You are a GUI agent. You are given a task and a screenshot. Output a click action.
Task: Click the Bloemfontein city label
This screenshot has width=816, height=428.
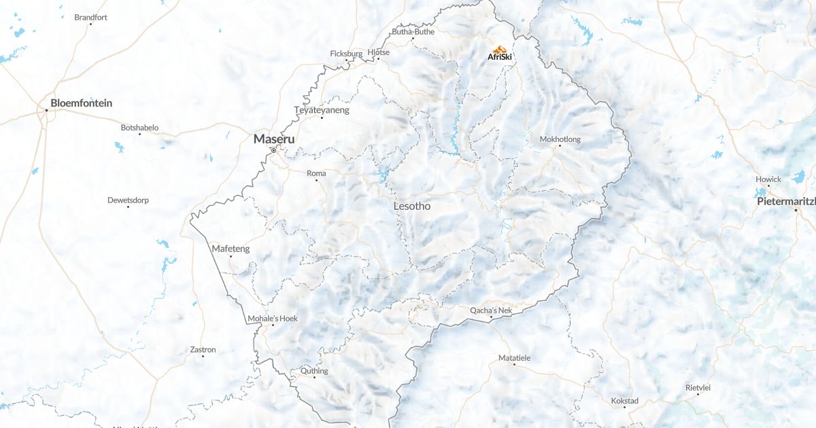(x=81, y=103)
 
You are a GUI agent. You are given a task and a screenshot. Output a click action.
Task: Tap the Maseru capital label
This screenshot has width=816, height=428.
(x=274, y=139)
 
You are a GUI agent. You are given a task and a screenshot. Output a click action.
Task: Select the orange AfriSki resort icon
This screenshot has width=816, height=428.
(x=500, y=50)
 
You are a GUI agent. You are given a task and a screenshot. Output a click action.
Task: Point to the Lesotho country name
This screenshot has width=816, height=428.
(x=412, y=206)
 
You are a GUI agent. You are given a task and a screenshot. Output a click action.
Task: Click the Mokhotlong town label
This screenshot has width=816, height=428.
(x=560, y=139)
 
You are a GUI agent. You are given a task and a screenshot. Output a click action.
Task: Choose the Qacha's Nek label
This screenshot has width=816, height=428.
(x=491, y=310)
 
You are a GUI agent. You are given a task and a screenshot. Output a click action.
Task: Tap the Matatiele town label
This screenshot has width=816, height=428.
(x=514, y=358)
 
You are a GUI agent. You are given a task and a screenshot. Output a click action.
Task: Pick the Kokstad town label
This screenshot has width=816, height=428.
(x=625, y=401)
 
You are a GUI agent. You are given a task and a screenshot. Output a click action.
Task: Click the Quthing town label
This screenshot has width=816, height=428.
(x=314, y=371)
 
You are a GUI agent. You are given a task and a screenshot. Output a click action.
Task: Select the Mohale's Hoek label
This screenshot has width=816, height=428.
(x=273, y=319)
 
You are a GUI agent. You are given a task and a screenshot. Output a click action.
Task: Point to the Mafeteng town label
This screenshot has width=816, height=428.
(x=231, y=249)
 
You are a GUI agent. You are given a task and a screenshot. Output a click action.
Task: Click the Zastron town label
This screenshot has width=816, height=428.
(x=203, y=350)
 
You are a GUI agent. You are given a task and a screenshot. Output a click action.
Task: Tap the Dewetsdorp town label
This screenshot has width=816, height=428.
(x=128, y=200)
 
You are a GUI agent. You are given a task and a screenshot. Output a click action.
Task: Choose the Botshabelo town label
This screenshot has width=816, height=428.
(x=139, y=128)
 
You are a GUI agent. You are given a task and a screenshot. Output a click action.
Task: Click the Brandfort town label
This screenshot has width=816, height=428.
(x=90, y=17)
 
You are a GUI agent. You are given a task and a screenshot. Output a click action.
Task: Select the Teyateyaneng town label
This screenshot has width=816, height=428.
(x=322, y=110)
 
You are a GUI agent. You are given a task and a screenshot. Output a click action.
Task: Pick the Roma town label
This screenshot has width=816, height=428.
(x=316, y=173)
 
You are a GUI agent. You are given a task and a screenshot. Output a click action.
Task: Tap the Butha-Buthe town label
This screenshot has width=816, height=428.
(x=413, y=32)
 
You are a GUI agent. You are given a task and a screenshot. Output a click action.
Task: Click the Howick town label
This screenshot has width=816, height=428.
(x=768, y=179)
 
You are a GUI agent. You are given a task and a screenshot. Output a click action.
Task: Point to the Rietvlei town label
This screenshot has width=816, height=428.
(x=698, y=387)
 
